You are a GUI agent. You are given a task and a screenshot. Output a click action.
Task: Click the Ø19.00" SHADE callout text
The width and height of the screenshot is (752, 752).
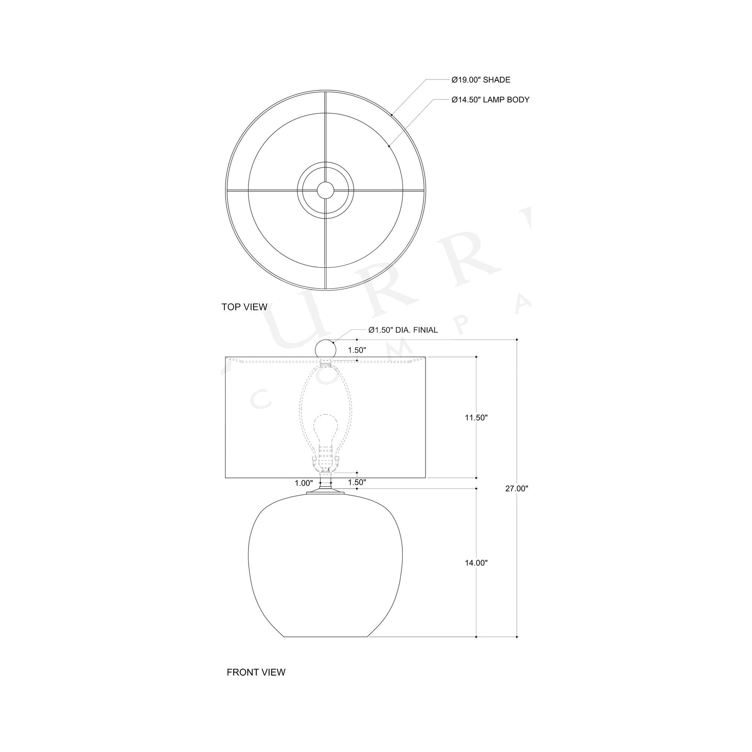(481, 80)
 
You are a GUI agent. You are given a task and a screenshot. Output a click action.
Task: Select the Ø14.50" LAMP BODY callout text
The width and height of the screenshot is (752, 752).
(490, 100)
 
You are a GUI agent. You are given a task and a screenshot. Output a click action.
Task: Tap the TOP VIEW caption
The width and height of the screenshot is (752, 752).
(244, 307)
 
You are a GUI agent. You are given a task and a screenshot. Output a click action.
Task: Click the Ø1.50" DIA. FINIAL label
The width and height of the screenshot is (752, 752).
(403, 330)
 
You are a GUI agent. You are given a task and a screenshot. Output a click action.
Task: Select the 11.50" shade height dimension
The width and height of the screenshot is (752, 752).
(476, 418)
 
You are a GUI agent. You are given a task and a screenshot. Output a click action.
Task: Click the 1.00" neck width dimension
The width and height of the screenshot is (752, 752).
(304, 483)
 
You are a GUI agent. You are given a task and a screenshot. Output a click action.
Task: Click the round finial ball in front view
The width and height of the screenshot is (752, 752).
(325, 349)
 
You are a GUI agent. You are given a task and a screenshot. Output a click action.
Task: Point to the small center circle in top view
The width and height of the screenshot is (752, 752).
(325, 191)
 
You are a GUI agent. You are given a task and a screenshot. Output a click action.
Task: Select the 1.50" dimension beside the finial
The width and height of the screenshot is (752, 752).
(357, 350)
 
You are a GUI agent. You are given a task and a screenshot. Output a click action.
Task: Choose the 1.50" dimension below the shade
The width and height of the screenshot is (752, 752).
(357, 482)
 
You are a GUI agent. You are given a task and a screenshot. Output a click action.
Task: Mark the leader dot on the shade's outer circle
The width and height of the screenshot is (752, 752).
(391, 114)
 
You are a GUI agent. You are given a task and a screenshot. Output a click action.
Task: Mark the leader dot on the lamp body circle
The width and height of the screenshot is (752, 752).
(389, 146)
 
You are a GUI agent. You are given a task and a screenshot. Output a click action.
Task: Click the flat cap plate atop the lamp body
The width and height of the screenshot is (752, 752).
(325, 493)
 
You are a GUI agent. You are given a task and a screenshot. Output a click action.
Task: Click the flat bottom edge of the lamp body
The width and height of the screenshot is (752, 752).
(326, 637)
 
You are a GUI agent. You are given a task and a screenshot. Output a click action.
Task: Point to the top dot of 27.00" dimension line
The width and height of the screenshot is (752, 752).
(517, 340)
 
